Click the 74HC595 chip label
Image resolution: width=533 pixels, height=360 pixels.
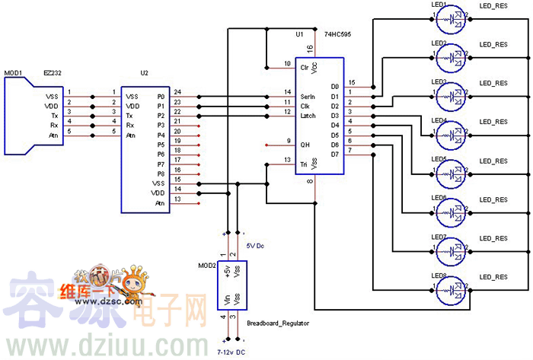[337, 35]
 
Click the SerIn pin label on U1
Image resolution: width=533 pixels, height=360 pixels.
[308, 97]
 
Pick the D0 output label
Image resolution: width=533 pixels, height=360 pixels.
[335, 87]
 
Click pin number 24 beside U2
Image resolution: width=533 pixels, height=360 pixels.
[177, 92]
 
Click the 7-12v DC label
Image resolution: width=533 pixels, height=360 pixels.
[231, 352]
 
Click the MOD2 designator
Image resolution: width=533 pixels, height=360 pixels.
[207, 265]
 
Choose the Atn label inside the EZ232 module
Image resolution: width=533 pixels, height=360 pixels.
[53, 135]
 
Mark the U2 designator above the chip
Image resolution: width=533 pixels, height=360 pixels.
[145, 73]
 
